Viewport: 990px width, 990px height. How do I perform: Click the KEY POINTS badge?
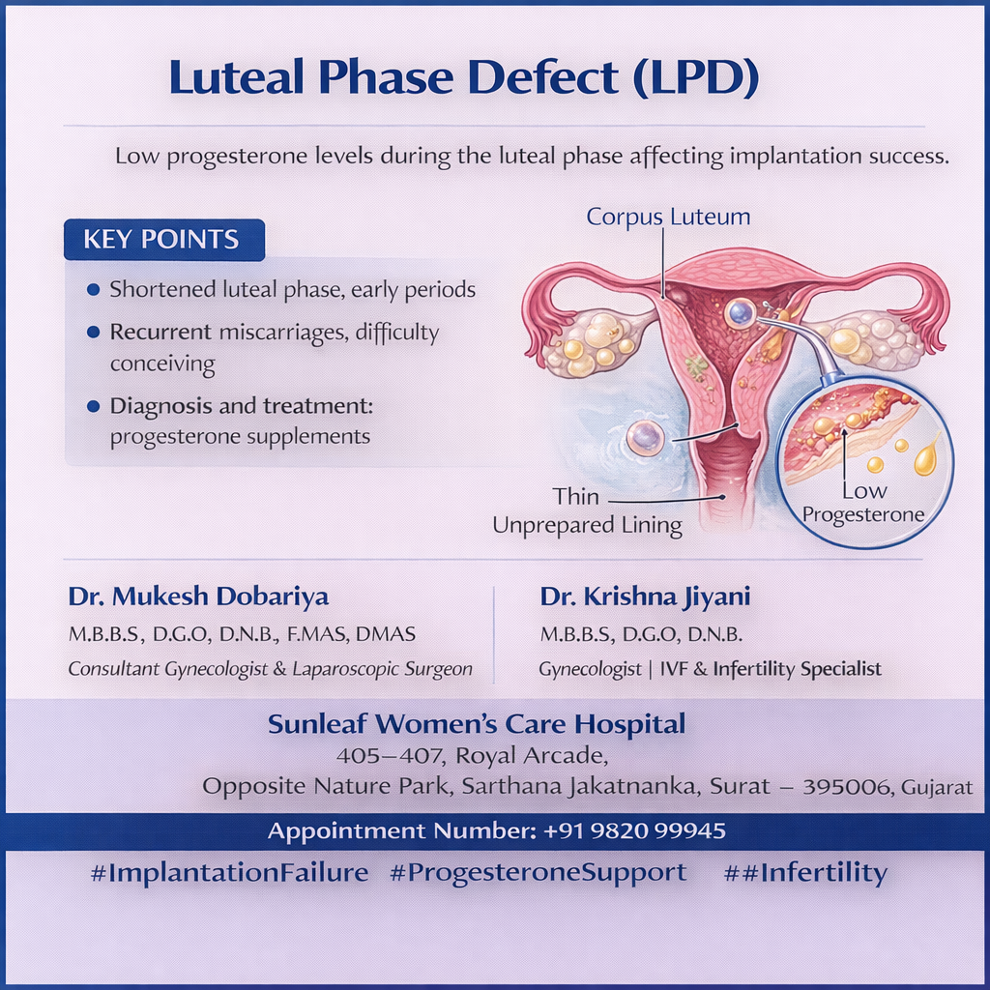click(x=164, y=240)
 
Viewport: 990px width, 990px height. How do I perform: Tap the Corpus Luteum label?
click(x=668, y=217)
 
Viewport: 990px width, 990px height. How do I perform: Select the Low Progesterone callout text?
click(x=863, y=503)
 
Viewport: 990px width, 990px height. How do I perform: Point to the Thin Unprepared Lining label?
click(x=587, y=511)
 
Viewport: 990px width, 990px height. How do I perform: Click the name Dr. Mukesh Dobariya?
click(x=198, y=596)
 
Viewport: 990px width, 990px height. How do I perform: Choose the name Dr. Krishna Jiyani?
click(x=645, y=596)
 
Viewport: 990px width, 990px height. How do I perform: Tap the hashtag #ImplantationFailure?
click(x=229, y=873)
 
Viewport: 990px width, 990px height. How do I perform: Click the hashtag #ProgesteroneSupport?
click(x=538, y=873)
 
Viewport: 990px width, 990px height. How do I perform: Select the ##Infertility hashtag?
click(x=805, y=873)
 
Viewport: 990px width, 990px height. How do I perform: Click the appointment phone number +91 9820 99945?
click(x=634, y=830)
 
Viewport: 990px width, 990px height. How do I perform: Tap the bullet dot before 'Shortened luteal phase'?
click(x=94, y=290)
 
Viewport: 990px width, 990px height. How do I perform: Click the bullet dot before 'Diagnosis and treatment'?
click(x=94, y=406)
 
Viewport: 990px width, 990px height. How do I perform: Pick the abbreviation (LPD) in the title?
click(x=695, y=77)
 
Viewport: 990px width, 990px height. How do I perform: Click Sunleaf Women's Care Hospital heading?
click(x=476, y=723)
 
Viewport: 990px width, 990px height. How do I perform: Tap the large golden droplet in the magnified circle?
click(x=926, y=457)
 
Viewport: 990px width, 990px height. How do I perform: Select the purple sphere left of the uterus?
click(x=645, y=438)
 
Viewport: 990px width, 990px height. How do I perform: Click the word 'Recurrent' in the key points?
click(x=160, y=333)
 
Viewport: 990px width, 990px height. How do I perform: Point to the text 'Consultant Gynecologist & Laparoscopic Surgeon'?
click(x=271, y=669)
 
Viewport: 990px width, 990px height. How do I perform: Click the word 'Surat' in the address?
click(x=740, y=786)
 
